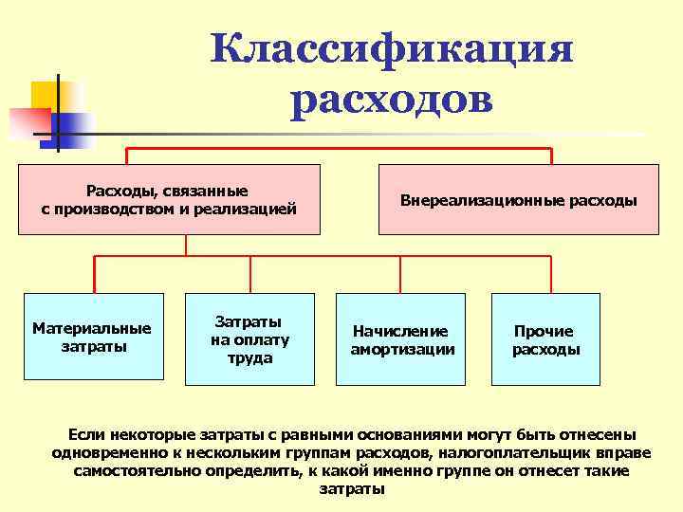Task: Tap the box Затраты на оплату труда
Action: click(249, 338)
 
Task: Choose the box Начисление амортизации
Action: click(402, 338)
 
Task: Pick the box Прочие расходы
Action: click(545, 338)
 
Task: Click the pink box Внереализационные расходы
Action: click(518, 200)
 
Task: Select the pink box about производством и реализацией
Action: click(169, 200)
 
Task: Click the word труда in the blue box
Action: click(249, 358)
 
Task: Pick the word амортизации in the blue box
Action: click(402, 350)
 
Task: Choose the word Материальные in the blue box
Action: click(91, 329)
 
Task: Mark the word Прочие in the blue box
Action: click(544, 332)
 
